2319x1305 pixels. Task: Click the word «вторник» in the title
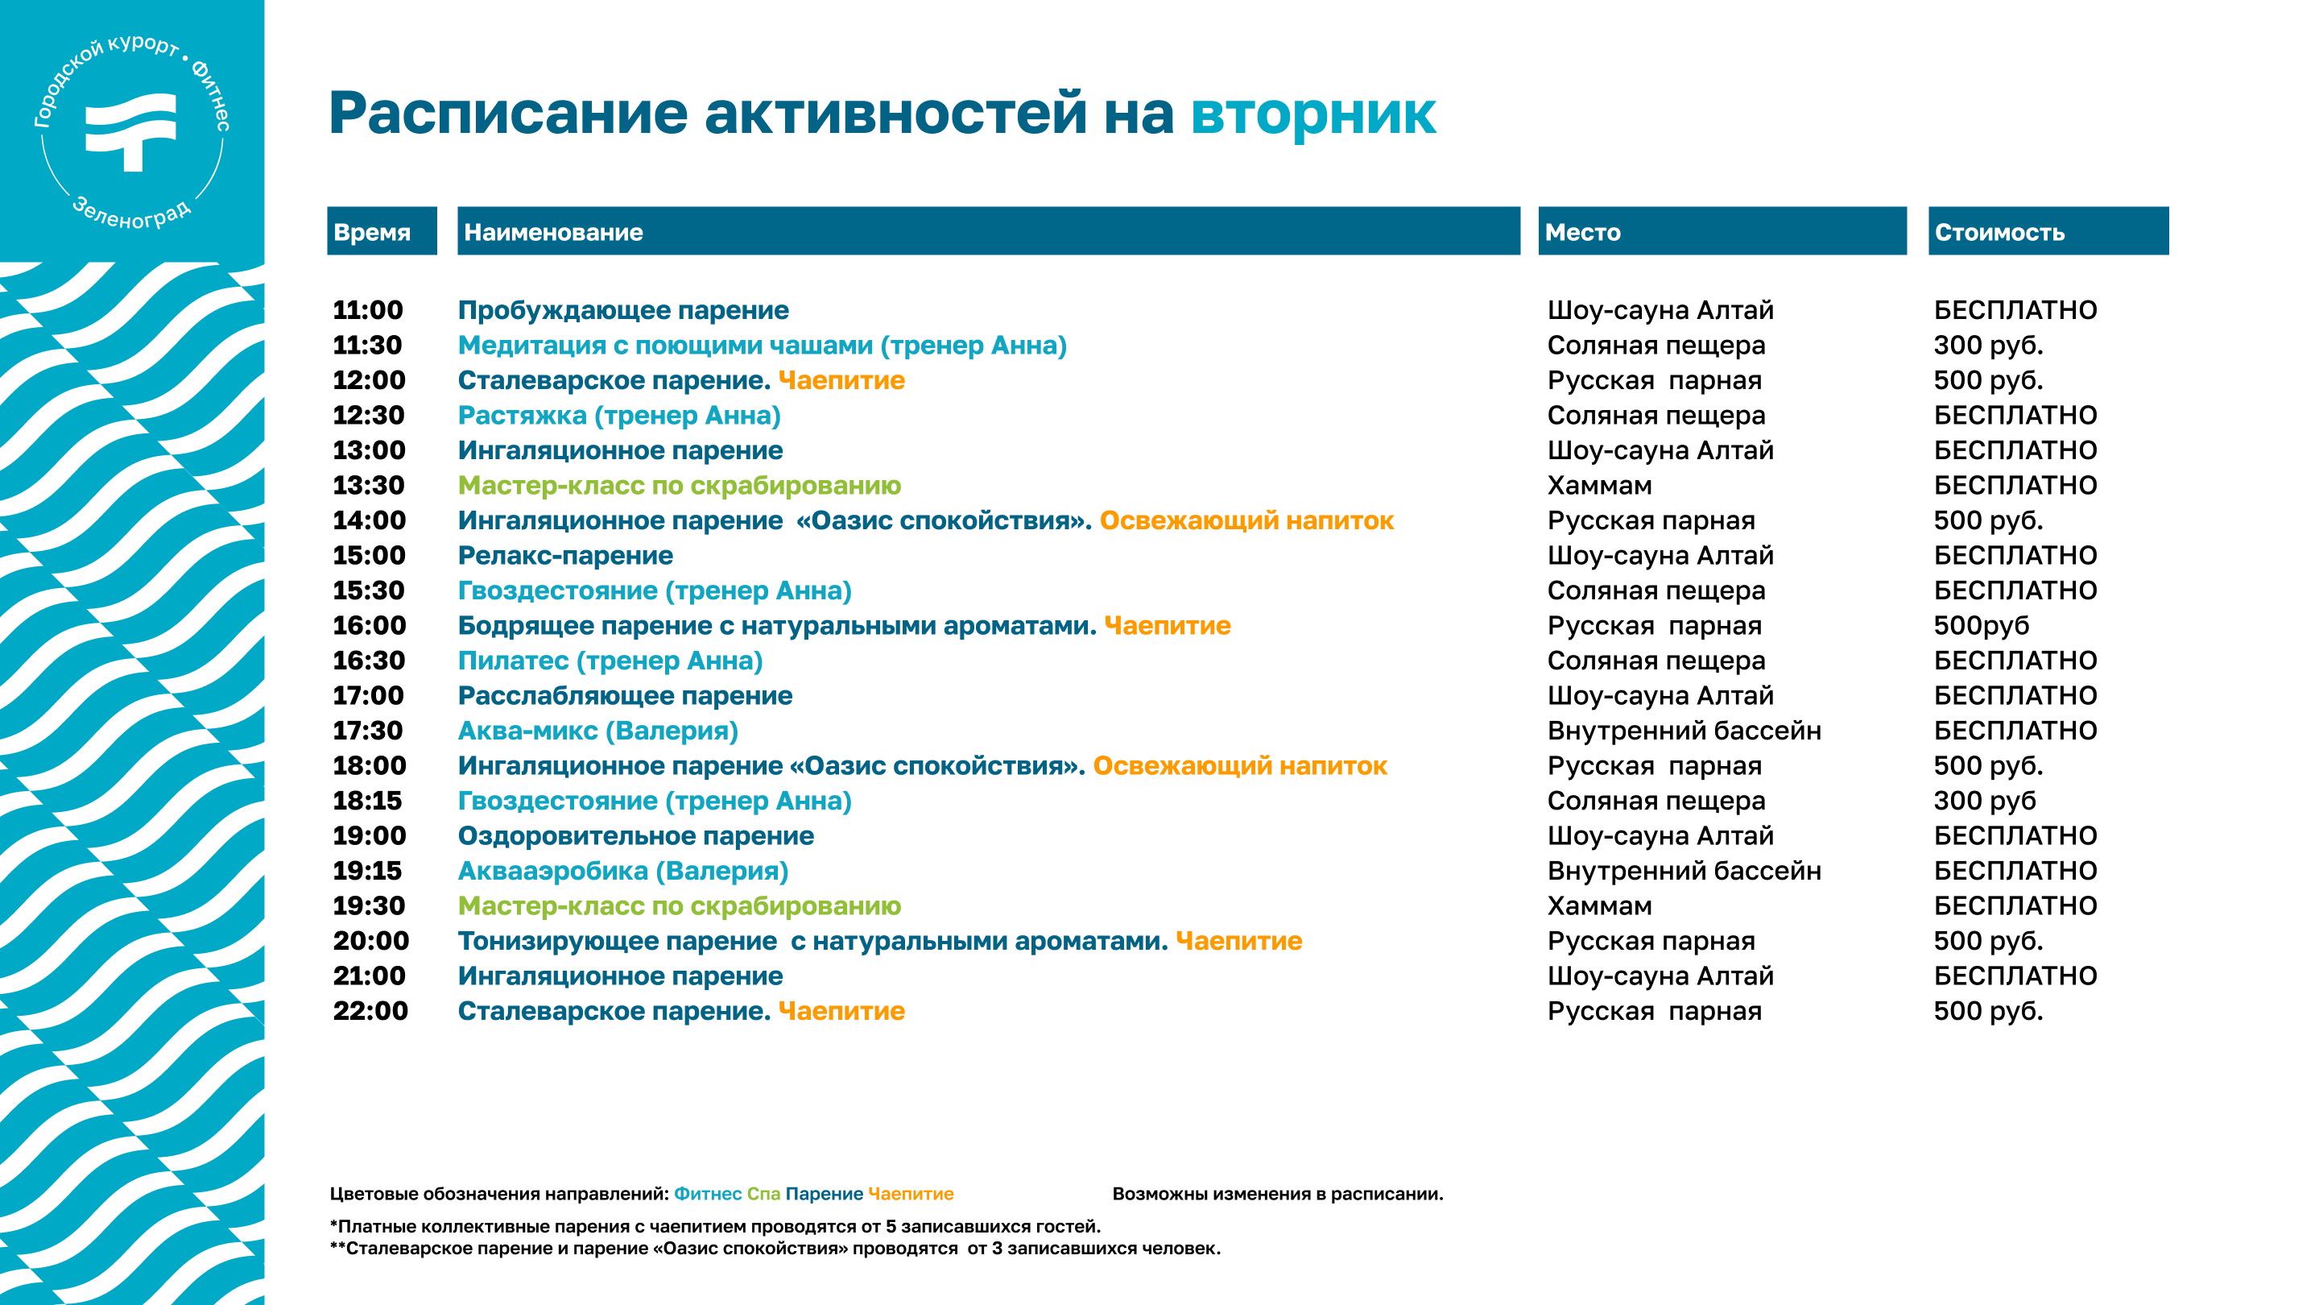pyautogui.click(x=1312, y=114)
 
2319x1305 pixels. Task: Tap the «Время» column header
pyautogui.click(x=372, y=232)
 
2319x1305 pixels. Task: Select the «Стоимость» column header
pyautogui.click(x=1999, y=232)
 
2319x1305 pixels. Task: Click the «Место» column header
pyautogui.click(x=1582, y=232)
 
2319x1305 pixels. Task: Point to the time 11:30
pyautogui.click(x=367, y=345)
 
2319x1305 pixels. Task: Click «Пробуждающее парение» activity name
pyautogui.click(x=623, y=311)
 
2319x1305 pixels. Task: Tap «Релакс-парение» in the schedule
pyautogui.click(x=565, y=556)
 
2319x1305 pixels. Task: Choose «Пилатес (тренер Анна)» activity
pyautogui.click(x=610, y=661)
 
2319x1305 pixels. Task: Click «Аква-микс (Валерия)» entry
pyautogui.click(x=597, y=731)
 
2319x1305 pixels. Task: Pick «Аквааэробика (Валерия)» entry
pyautogui.click(x=623, y=872)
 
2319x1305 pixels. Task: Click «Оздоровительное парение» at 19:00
pyautogui.click(x=635, y=837)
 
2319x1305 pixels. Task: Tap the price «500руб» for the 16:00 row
pyautogui.click(x=1982, y=626)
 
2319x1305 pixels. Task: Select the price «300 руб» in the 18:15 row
pyautogui.click(x=1984, y=802)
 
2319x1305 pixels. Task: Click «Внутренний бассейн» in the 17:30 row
pyautogui.click(x=1684, y=731)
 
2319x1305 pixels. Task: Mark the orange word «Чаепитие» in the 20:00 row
pyautogui.click(x=1238, y=941)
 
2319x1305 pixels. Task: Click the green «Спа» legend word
pyautogui.click(x=763, y=1194)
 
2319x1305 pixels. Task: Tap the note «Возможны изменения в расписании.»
pyautogui.click(x=1277, y=1194)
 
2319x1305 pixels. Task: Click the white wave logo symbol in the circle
pyautogui.click(x=131, y=130)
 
